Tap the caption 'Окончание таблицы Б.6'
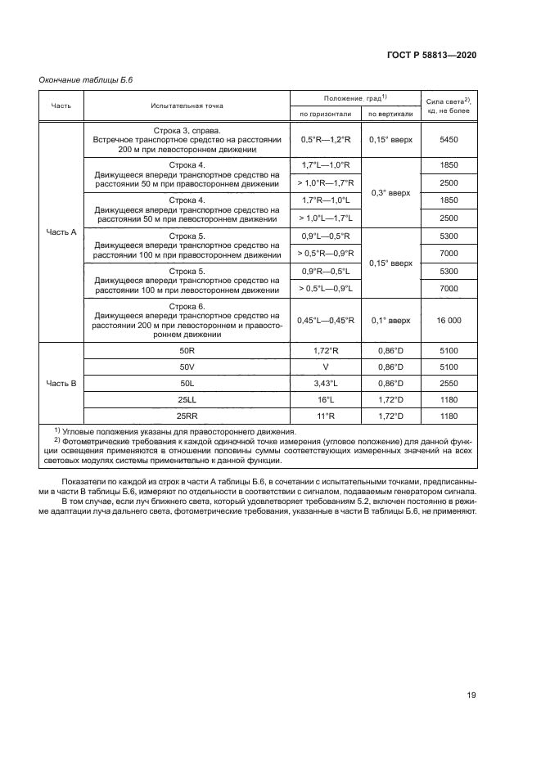coord(86,79)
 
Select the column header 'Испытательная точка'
coord(186,106)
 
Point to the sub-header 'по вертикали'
coord(390,114)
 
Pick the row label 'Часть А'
coord(62,232)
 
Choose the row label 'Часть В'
coord(62,383)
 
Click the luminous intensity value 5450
coord(449,140)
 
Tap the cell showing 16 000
coord(449,321)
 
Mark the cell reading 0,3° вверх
coord(390,192)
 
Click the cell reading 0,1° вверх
coord(390,321)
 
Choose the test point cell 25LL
coord(186,399)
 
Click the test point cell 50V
coord(186,367)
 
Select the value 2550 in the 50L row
coord(449,383)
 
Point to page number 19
coord(471,695)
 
